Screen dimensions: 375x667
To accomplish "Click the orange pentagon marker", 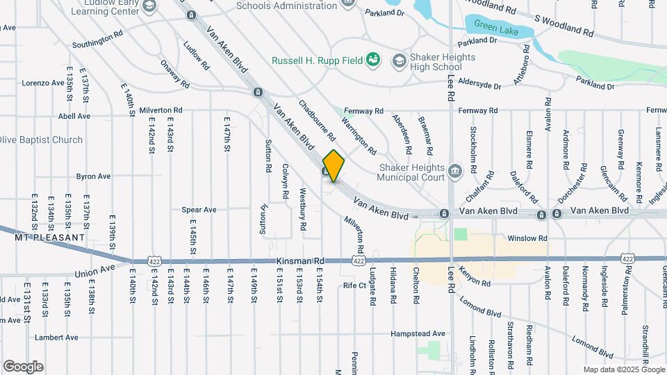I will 333,166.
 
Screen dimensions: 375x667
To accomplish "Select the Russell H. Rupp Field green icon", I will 374,60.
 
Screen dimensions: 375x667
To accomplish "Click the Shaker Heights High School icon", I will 399,60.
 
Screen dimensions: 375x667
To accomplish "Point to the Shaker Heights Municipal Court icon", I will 454,170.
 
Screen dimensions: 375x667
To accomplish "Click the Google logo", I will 23,366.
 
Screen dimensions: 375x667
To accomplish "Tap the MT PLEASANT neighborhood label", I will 49,237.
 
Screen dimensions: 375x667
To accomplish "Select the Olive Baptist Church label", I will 42,140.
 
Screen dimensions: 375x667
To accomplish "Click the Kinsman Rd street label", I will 300,260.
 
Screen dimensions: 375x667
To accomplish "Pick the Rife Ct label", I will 354,285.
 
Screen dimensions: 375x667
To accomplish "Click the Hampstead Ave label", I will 418,334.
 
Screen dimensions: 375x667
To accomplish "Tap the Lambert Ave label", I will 58,337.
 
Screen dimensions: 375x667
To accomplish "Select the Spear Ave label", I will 199,210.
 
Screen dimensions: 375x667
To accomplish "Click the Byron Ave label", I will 93,176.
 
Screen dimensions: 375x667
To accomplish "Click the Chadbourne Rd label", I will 317,119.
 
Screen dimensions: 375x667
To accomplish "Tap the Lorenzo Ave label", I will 43,83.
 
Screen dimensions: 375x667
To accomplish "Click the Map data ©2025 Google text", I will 623,369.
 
